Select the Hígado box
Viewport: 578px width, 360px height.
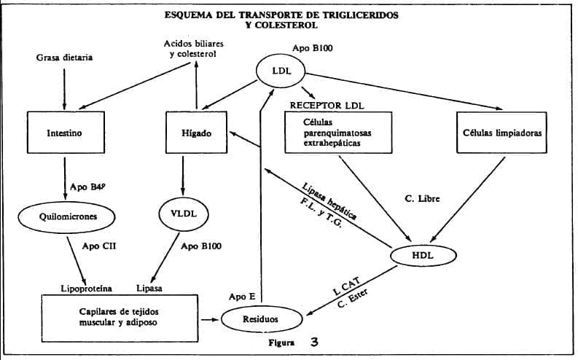[195, 134]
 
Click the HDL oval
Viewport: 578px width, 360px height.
[423, 255]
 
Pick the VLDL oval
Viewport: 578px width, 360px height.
[182, 215]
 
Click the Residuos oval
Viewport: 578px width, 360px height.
[260, 319]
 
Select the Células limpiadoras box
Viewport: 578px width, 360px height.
[503, 134]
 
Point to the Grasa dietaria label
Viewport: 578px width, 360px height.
[64, 57]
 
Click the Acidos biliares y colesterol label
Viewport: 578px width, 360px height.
[195, 48]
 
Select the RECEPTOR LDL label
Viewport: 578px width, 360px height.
[327, 105]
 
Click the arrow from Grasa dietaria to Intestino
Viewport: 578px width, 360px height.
[64, 87]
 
